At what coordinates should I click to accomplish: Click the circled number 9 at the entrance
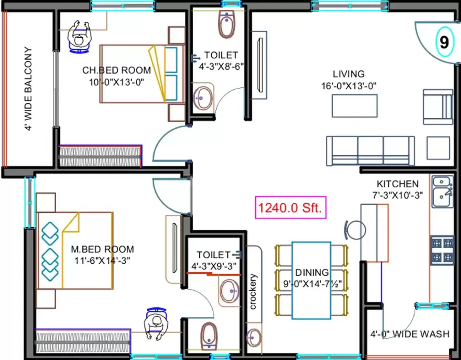click(x=444, y=42)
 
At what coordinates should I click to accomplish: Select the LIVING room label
click(x=349, y=74)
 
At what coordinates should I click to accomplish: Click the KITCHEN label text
click(x=397, y=184)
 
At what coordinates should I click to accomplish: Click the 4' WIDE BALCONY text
click(x=28, y=89)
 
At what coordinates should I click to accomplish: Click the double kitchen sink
click(x=442, y=192)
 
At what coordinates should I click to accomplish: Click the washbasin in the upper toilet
click(x=202, y=97)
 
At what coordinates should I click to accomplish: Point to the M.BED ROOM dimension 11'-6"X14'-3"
click(x=103, y=261)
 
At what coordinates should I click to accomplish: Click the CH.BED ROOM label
click(x=117, y=70)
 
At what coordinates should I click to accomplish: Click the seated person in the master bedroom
click(x=155, y=324)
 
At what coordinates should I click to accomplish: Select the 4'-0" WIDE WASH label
click(x=409, y=334)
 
